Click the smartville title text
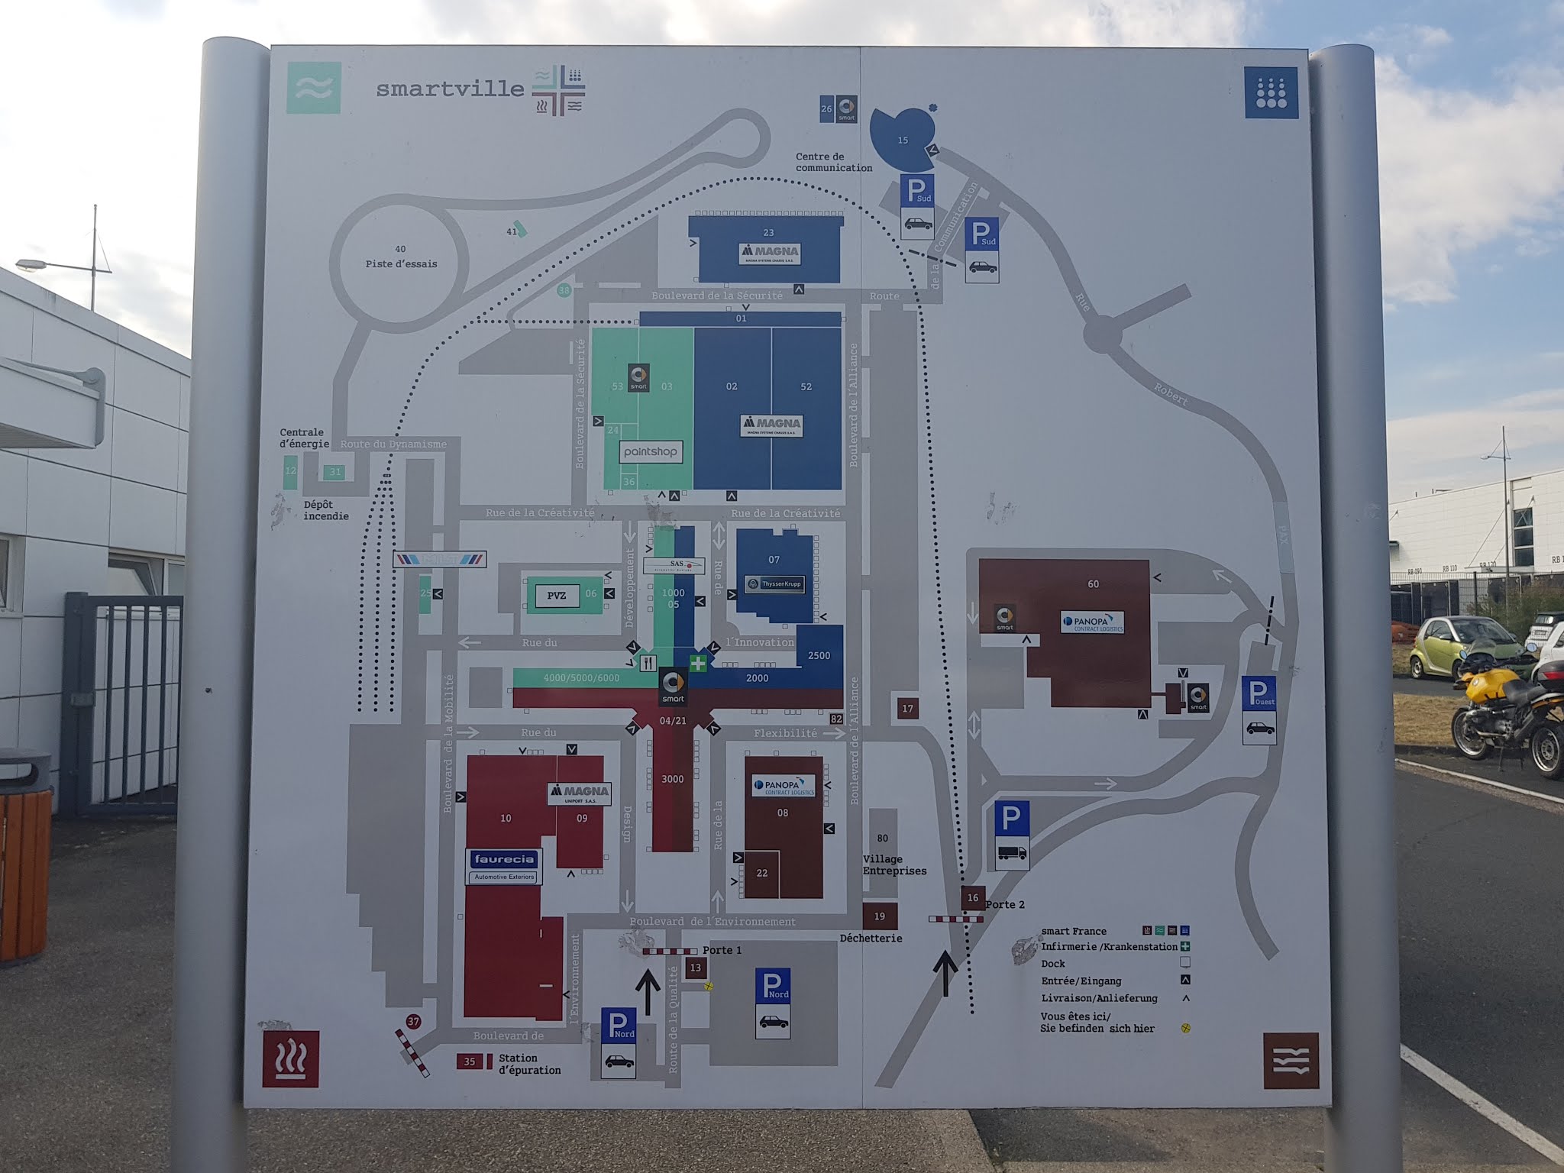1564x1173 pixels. click(x=450, y=89)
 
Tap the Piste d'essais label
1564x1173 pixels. click(x=401, y=263)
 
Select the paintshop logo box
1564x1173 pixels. click(x=650, y=451)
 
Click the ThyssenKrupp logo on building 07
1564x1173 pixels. click(x=774, y=585)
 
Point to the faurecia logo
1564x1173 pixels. click(x=505, y=859)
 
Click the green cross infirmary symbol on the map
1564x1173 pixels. click(x=698, y=663)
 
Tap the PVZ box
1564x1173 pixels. click(x=557, y=596)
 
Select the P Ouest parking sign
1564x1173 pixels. click(x=1259, y=709)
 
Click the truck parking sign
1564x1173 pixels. click(x=1011, y=835)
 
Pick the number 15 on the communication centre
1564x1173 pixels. click(x=903, y=140)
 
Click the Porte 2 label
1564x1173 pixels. click(x=1005, y=904)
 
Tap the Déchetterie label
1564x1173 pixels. click(x=871, y=938)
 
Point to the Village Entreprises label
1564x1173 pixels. click(x=894, y=864)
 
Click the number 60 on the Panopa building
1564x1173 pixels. click(x=1093, y=584)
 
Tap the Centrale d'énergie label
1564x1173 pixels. click(x=304, y=438)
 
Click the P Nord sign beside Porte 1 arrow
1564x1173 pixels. click(x=619, y=1042)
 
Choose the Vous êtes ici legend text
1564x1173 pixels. click(x=1097, y=1023)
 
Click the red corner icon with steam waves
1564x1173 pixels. click(x=290, y=1058)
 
